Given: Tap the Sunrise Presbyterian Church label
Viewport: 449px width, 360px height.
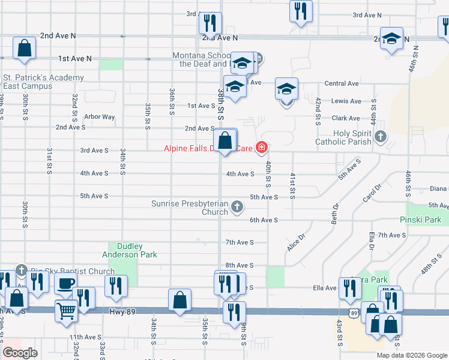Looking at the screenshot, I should pos(190,207).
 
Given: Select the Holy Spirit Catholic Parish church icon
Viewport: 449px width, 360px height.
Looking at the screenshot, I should pos(379,137).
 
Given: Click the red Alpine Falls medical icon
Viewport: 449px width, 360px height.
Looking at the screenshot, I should pos(261,147).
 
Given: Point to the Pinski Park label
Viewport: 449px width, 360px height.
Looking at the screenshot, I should pos(424,220).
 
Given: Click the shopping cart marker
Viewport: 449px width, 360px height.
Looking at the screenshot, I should pos(67,311).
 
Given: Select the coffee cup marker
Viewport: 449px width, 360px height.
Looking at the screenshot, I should pos(65,283).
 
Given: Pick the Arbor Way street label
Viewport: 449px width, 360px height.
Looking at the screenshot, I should pos(100,117).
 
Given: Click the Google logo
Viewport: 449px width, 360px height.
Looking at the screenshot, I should pos(20,353).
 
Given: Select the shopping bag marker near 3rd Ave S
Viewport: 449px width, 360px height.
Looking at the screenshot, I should pos(224,142).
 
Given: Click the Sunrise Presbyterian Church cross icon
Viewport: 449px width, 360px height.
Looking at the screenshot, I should pos(237,207).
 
